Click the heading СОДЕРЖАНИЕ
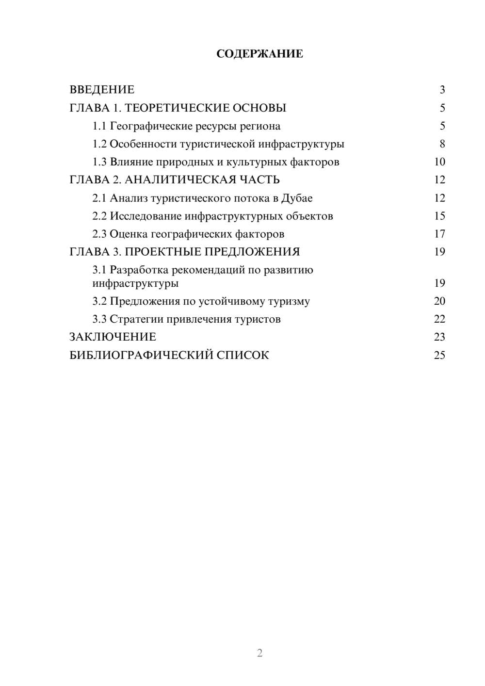coord(259,54)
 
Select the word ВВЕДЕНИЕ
coord(102,90)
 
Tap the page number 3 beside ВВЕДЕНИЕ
coord(442,90)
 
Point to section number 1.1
coord(99,126)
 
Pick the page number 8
coord(442,144)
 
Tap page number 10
coord(439,162)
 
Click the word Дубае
coord(297,198)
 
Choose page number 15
coord(439,216)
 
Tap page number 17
coord(439,234)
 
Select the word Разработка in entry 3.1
coord(140,270)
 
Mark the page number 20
coord(439,301)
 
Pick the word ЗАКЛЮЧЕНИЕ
coord(113,337)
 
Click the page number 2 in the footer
coord(259,653)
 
